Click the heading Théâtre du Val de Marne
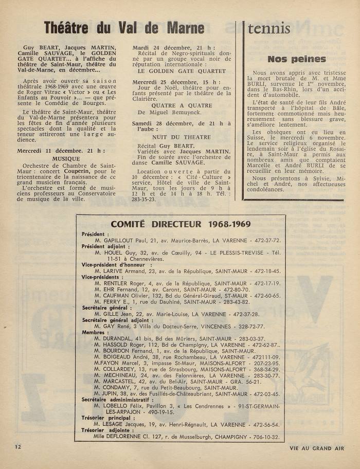tap(124, 27)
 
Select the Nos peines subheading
tap(297, 59)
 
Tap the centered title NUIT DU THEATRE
tap(174, 137)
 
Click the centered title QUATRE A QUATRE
tap(174, 105)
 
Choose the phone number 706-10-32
tap(262, 437)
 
